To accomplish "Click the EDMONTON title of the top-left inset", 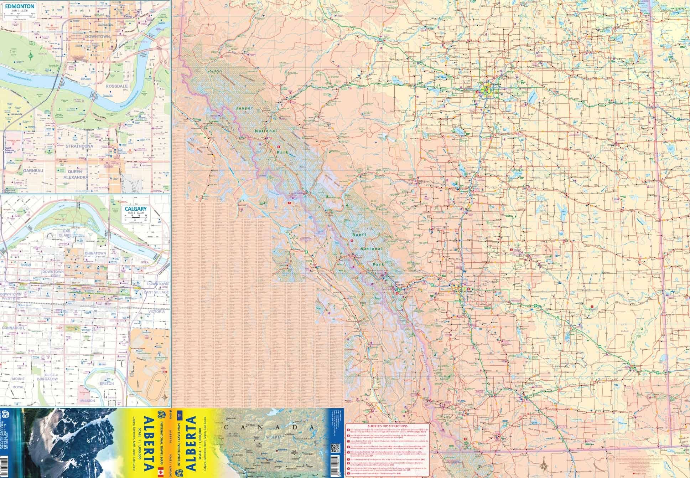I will [x=20, y=6].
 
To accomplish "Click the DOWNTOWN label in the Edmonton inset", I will [x=97, y=37].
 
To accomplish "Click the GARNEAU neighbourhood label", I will [x=33, y=171].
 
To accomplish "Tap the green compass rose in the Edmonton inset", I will [x=31, y=55].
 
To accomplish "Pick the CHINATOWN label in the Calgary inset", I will [x=95, y=253].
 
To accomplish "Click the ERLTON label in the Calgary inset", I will [x=107, y=384].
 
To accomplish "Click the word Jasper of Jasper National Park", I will [x=244, y=108].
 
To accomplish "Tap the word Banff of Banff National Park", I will [x=359, y=235].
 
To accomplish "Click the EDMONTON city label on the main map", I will [x=495, y=84].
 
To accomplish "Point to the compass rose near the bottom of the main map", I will [x=544, y=464].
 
